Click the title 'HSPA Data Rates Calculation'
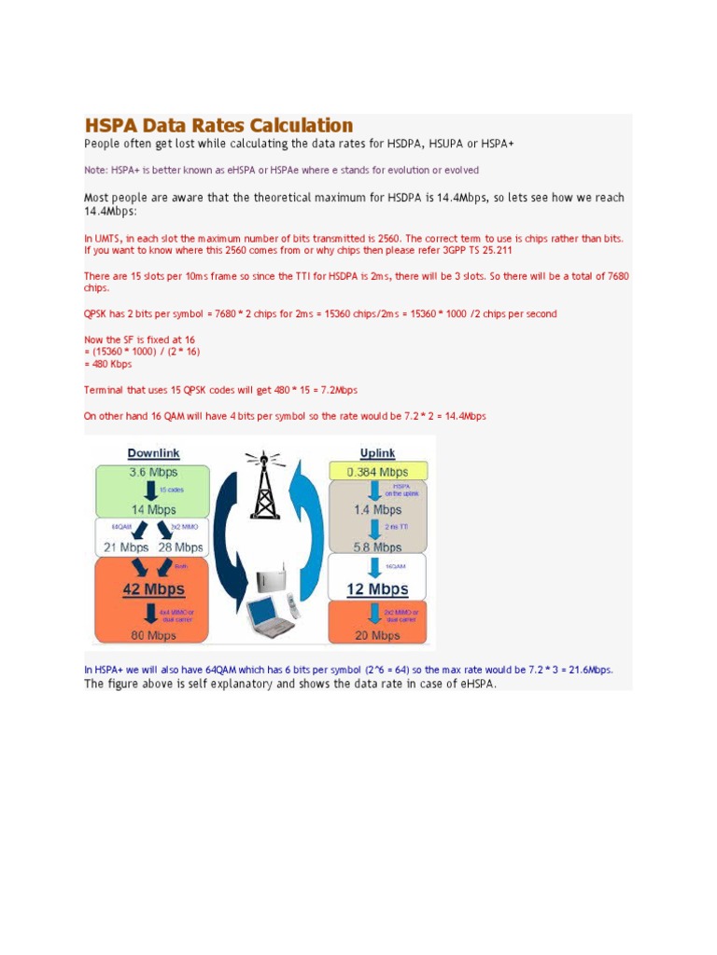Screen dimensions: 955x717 218,125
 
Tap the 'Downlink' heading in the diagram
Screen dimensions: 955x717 153,453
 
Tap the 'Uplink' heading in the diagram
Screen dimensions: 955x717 377,453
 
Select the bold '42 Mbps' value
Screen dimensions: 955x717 153,589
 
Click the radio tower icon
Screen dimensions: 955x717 265,485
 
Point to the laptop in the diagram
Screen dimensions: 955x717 268,618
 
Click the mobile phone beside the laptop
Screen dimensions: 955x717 292,606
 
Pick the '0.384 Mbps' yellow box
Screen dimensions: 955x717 377,472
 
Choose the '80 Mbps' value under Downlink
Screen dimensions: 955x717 153,635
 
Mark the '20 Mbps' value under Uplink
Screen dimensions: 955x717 377,635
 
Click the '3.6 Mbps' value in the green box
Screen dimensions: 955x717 153,472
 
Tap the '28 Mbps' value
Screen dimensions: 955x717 180,547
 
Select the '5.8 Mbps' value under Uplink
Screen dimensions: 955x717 377,547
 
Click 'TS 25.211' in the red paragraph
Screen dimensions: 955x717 487,251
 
